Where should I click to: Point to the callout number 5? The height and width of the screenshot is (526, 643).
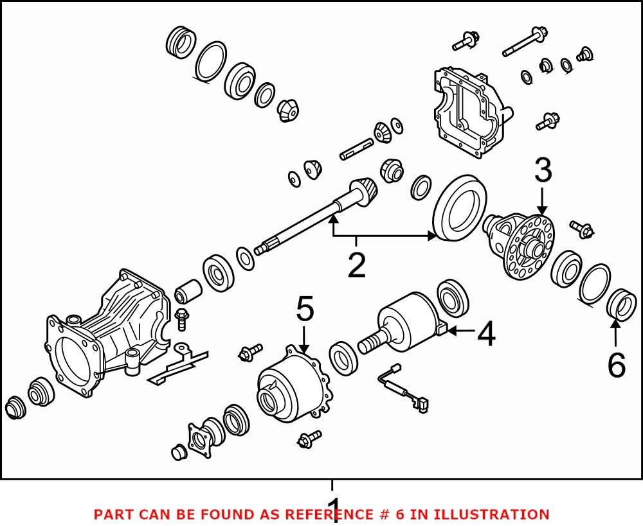(305, 310)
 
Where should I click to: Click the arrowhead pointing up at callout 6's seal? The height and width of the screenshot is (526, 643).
(616, 324)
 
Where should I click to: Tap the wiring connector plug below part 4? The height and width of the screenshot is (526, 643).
(422, 404)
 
